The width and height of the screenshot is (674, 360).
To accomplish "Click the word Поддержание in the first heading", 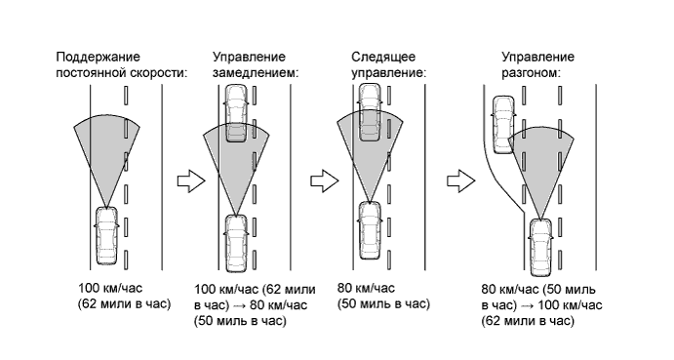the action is pos(98,58).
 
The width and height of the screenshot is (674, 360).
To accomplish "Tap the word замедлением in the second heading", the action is pos(256,73).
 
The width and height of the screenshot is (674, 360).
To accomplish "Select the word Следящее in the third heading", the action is pos(383,58).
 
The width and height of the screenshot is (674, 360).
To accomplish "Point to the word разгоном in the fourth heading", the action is pos(532,73).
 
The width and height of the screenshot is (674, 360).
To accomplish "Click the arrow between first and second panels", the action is pos(191,181).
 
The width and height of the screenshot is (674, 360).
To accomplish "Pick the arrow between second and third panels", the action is pos(325,181).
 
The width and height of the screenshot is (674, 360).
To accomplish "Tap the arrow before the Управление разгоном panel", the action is pos(460,181).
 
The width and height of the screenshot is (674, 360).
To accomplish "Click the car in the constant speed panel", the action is pos(105,235).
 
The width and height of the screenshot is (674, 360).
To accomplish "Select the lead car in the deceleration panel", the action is pos(236,113).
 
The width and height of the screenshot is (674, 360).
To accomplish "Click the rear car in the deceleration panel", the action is pos(236,244).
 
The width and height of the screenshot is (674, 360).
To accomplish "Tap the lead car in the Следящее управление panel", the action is pos(370,113).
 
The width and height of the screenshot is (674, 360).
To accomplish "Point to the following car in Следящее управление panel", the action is pos(370,230).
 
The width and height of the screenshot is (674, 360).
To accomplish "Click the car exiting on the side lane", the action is pos(503,125).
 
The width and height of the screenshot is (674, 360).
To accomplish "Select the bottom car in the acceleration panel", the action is pos(540,247).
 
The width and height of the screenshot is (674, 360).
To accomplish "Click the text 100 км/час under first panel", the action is pos(110,288).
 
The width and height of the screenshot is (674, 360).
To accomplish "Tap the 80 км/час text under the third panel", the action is pos(366,288).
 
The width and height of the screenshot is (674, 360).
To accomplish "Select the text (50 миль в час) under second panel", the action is pos(240,321).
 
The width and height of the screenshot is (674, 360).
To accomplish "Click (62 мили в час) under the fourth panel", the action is pos(528,321).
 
